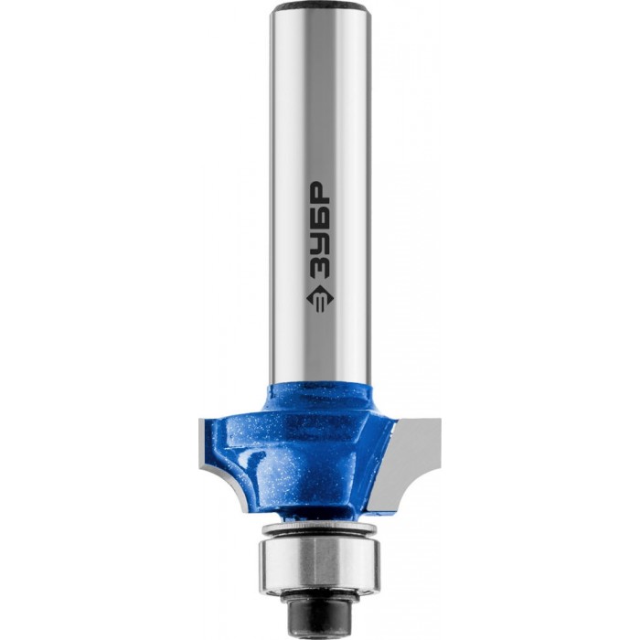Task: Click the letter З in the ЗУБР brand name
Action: click(320, 262)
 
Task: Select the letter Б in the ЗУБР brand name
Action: click(320, 215)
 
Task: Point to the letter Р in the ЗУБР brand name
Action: click(320, 192)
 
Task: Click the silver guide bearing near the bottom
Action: click(319, 564)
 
